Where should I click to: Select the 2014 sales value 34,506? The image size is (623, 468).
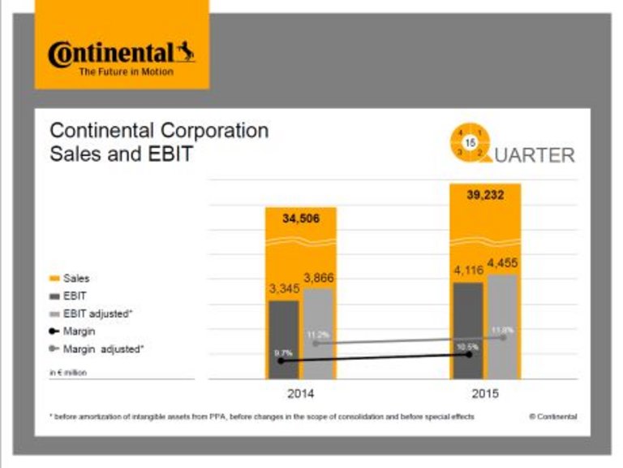coord(299,219)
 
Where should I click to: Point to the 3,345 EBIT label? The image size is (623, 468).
coord(284,288)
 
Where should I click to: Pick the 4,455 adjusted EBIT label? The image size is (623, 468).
coord(503,262)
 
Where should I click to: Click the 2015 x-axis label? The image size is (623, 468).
coord(485,394)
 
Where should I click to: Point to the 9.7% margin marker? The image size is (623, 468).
coord(281,360)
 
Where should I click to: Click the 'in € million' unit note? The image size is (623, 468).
coord(69,371)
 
